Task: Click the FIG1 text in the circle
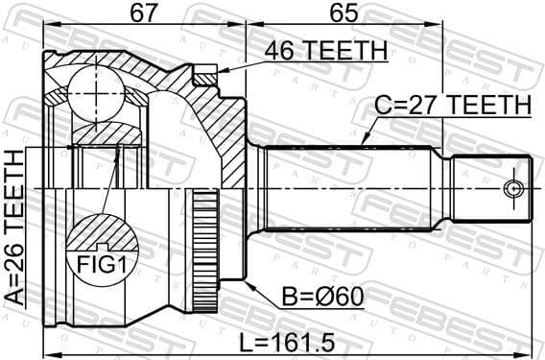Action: [x=99, y=258]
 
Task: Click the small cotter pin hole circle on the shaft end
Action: [x=515, y=186]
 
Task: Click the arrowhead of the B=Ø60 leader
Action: [x=248, y=283]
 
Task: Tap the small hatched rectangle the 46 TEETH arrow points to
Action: [x=204, y=73]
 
